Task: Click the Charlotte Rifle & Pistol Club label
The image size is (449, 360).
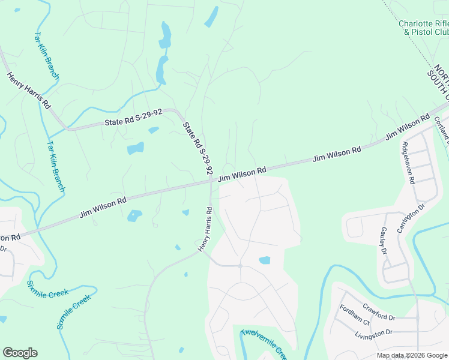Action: click(423, 28)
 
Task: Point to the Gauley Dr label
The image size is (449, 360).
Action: click(384, 240)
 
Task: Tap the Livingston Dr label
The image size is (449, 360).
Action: click(373, 332)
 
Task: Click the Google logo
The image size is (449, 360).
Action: click(20, 353)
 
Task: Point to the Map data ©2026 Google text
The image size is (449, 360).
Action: click(411, 355)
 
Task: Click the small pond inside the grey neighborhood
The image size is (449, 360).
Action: click(264, 260)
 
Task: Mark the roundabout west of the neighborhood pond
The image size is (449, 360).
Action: click(240, 265)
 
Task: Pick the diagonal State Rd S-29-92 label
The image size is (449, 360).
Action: click(197, 148)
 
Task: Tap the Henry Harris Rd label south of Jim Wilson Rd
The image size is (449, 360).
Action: click(205, 229)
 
